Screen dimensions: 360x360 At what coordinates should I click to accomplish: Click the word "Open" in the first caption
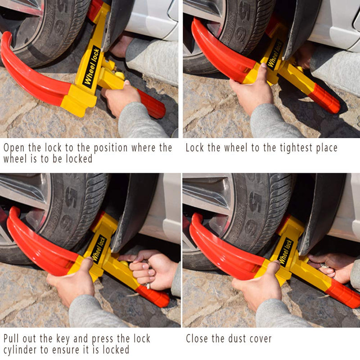point(14,148)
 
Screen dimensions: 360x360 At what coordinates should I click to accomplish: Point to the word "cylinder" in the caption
point(23,350)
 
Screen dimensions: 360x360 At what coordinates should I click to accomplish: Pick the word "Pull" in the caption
point(13,339)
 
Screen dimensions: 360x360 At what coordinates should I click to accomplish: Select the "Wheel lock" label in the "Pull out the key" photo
point(99,249)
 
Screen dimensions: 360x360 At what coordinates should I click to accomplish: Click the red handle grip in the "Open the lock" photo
point(151,104)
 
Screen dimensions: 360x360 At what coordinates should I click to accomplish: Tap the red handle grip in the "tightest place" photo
point(324,99)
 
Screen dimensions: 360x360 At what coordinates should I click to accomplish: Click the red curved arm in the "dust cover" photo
point(220,252)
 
